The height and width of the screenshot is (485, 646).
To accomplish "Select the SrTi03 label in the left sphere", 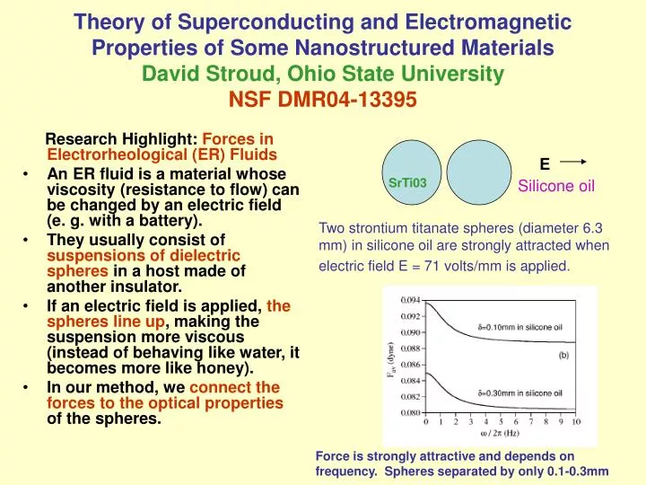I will click(407, 183).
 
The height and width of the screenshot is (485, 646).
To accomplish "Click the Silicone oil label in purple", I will click(557, 186).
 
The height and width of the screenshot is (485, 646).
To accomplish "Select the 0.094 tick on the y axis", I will click(409, 299).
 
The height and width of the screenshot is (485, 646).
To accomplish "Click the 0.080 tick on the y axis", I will click(409, 412).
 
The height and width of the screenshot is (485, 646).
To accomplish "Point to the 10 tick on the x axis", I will click(577, 421).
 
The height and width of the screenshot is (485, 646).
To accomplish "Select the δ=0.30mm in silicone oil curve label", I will click(520, 392).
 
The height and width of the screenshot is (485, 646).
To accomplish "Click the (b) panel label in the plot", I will click(563, 355).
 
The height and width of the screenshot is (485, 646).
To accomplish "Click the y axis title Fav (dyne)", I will click(390, 357).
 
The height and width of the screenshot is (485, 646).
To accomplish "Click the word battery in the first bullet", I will click(170, 219).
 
